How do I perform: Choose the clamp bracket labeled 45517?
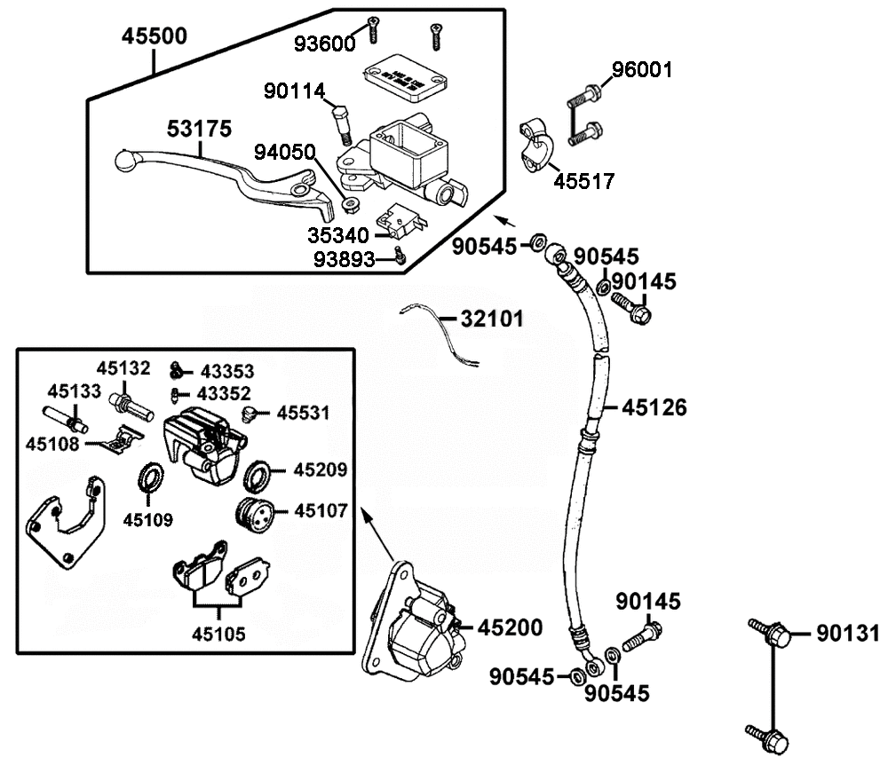(535, 144)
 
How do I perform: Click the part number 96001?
(643, 70)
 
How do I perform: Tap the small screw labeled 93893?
(400, 257)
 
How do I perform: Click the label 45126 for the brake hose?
(654, 407)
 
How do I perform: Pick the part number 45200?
(510, 628)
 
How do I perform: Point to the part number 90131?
(847, 633)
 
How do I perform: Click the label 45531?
(303, 413)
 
